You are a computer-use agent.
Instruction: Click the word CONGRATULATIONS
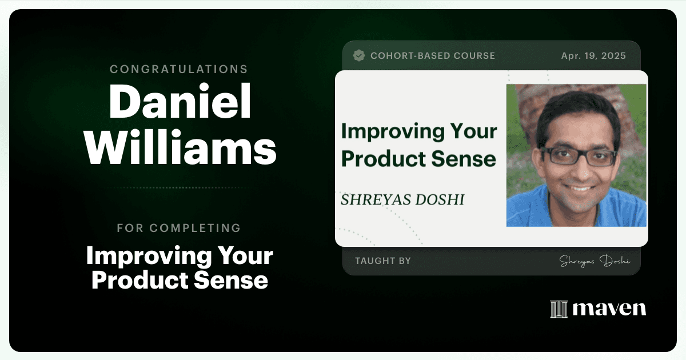pos(179,69)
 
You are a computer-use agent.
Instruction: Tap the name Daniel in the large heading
pos(180,101)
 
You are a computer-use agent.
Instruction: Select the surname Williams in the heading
pos(181,147)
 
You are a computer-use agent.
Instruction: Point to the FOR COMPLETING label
pos(179,228)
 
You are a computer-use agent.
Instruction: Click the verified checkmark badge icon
pos(359,55)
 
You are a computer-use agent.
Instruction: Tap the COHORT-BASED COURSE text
pos(433,56)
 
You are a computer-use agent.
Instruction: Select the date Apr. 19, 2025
pos(593,56)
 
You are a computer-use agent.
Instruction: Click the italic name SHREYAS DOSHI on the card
pos(402,199)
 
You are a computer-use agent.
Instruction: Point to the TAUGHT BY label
pos(383,261)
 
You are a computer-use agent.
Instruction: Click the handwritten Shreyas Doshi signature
pos(595,261)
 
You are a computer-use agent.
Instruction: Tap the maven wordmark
pos(609,309)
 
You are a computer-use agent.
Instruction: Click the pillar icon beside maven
pos(559,309)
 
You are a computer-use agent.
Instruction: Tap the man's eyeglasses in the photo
pos(579,156)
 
